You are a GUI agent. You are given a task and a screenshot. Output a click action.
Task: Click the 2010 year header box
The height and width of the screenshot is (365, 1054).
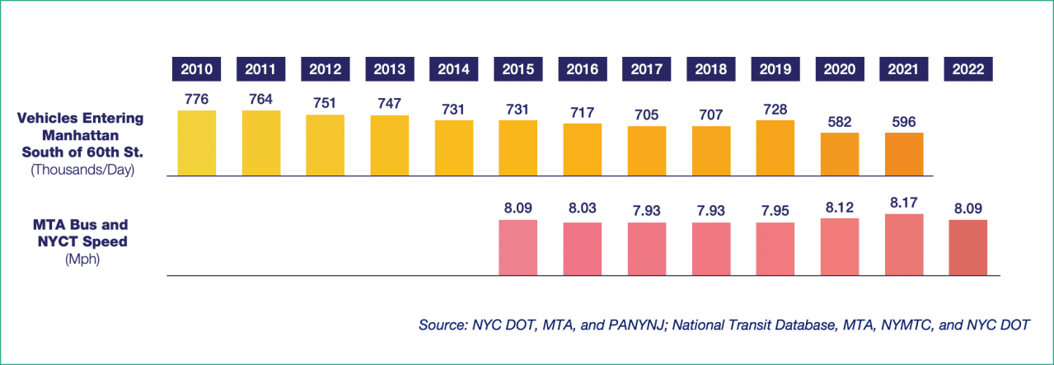[x=197, y=69]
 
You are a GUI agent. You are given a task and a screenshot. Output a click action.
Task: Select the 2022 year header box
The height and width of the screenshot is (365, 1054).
[x=967, y=69]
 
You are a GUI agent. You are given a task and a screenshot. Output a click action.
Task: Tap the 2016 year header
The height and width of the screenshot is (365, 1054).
[x=583, y=69]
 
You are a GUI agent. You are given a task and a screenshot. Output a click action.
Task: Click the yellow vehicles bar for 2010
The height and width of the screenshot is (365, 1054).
[x=197, y=143]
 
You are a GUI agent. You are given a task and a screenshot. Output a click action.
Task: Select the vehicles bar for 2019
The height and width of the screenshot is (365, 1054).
[x=775, y=147]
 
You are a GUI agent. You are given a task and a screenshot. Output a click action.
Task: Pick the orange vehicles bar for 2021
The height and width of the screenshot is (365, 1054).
[x=904, y=154]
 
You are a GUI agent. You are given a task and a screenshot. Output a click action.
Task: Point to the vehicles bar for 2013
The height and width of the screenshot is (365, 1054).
[x=390, y=145]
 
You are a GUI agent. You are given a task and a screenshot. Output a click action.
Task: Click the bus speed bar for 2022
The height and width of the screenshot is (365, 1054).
[x=967, y=247]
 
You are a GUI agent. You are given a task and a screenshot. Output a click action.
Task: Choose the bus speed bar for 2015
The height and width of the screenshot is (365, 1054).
[x=518, y=247]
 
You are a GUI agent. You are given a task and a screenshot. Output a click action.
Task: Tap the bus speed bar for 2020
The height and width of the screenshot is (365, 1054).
[x=840, y=246]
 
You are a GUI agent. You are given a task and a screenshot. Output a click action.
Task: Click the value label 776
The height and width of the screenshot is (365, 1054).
[x=197, y=99]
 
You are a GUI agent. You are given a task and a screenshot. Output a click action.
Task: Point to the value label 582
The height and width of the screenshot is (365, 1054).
[x=840, y=121]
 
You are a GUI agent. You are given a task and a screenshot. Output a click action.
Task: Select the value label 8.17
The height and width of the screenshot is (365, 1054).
[x=904, y=198]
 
